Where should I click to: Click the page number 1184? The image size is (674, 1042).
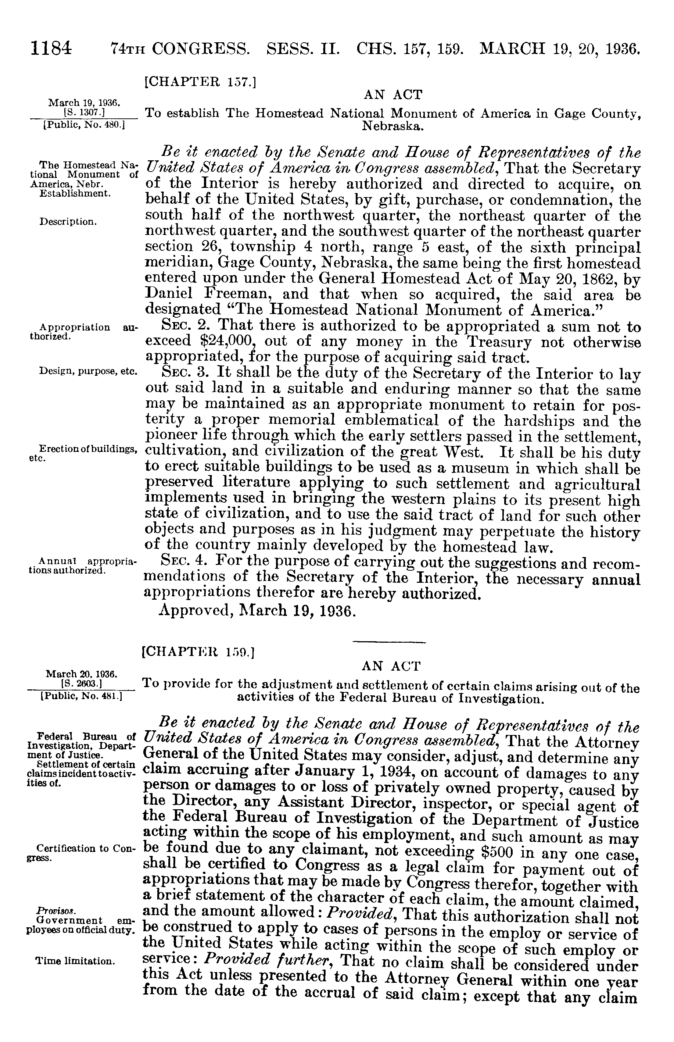pyautogui.click(x=51, y=47)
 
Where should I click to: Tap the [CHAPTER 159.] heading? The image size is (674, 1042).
pyautogui.click(x=198, y=654)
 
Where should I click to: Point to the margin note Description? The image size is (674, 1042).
pyautogui.click(x=68, y=222)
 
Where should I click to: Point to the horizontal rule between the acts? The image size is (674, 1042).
pyautogui.click(x=389, y=642)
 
